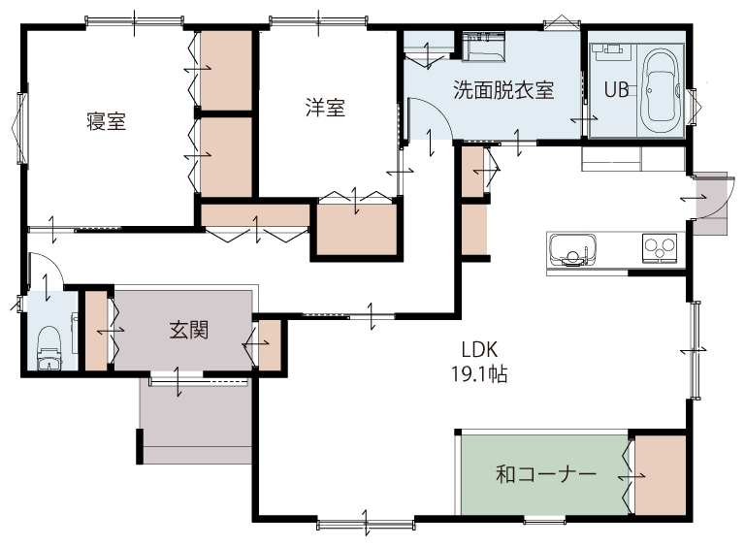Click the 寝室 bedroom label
(106, 121)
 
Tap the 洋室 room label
(325, 108)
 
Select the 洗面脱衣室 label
(503, 90)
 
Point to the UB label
(616, 89)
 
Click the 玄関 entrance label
(189, 330)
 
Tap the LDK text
(479, 350)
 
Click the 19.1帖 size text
(479, 374)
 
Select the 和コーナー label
(546, 474)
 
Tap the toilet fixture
(49, 347)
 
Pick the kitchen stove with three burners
(660, 247)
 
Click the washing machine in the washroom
(483, 47)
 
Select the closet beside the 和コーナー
(661, 475)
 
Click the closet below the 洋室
(356, 229)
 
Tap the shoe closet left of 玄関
(96, 330)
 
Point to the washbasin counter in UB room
(612, 51)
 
